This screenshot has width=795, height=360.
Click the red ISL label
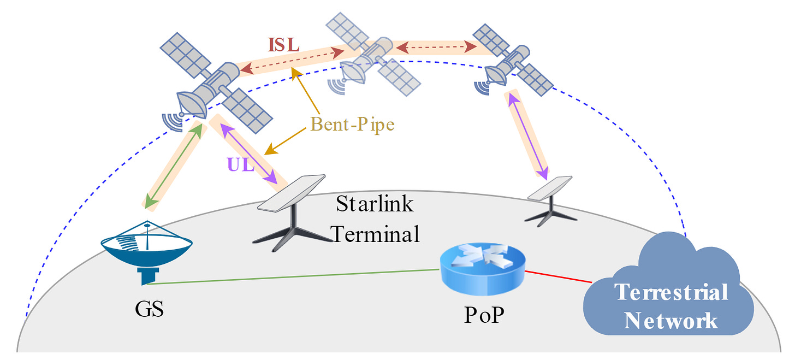click(283, 44)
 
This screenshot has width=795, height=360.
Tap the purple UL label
click(241, 164)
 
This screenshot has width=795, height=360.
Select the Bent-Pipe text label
click(352, 125)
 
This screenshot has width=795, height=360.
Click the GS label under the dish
click(149, 309)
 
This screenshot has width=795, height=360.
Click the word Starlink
click(375, 204)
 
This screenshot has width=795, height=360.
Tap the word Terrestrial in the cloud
click(672, 292)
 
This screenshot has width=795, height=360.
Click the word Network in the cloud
click(671, 320)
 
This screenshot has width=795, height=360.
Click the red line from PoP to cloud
click(560, 275)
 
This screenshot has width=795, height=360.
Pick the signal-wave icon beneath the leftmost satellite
click(173, 122)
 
